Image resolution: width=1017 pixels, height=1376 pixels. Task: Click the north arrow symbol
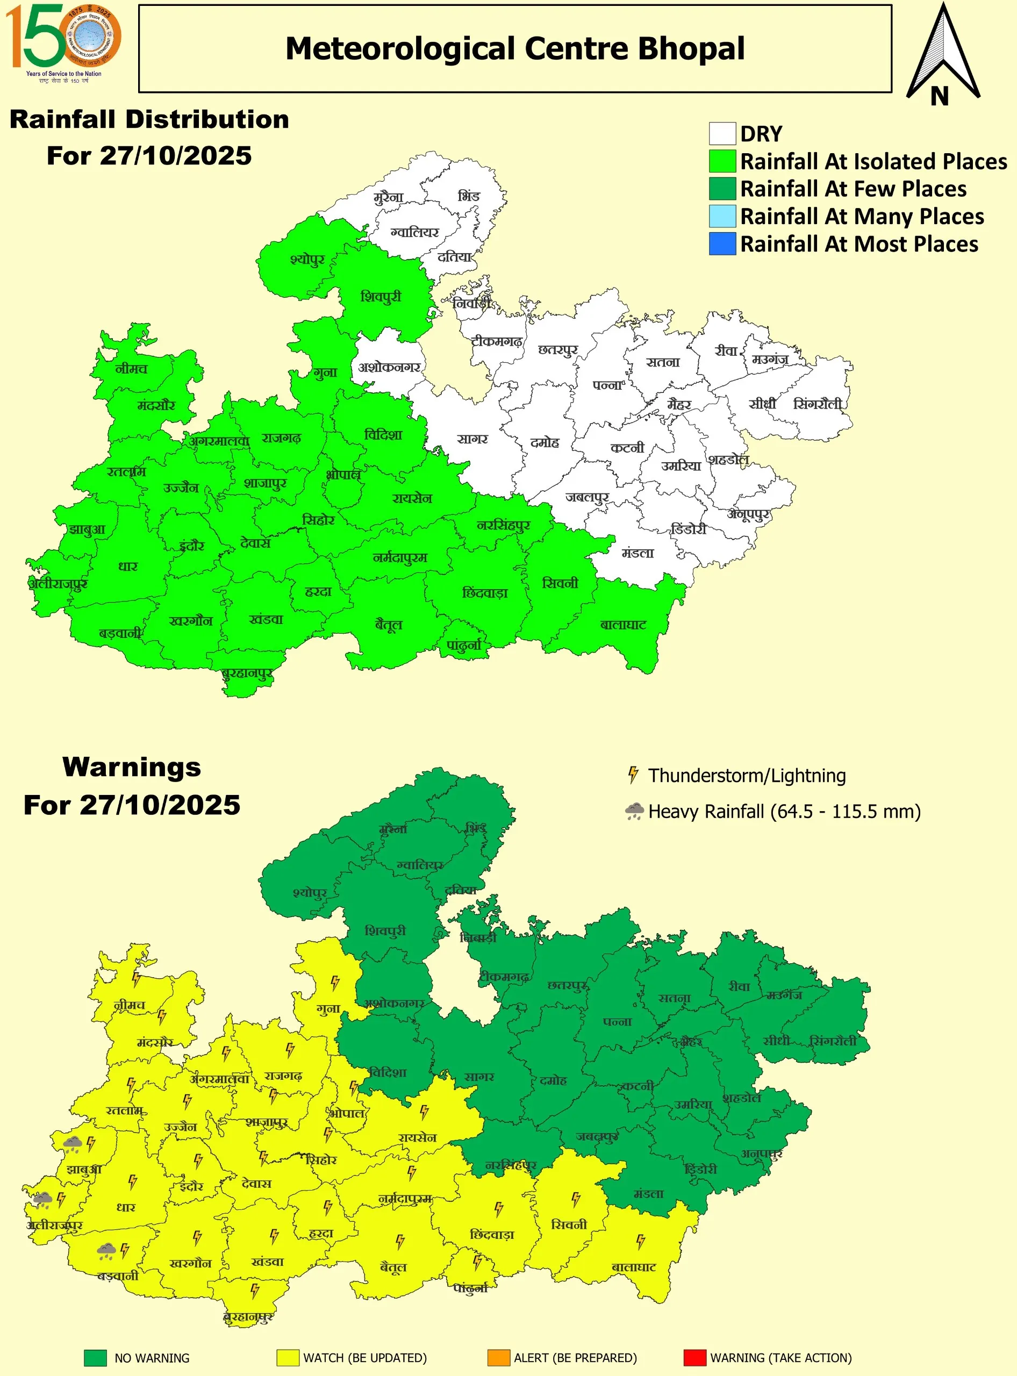pos(942,55)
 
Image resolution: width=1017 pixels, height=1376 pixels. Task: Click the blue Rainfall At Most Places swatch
pos(722,244)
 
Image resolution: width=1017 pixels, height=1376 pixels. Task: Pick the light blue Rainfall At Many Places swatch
pos(722,216)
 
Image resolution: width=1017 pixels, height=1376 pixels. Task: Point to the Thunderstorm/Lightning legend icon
pos(632,775)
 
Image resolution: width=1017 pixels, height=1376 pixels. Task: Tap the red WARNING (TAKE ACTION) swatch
pos(694,1358)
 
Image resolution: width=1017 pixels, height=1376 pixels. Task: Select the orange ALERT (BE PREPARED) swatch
pos(498,1358)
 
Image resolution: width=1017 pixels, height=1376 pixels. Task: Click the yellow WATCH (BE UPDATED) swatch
pos(288,1358)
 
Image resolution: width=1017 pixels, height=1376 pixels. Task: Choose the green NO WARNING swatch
pos(96,1358)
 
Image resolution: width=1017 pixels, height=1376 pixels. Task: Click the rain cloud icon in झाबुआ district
pos(73,1144)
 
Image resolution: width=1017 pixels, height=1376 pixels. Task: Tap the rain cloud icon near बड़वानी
pos(106,1250)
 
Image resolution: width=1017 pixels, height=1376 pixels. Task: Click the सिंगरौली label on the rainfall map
pos(818,404)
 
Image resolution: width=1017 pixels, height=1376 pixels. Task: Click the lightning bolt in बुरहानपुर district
pos(255,1290)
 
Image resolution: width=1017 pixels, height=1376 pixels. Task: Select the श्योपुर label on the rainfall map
pos(307,259)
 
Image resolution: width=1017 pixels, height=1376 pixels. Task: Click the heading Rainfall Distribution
pos(149,119)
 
